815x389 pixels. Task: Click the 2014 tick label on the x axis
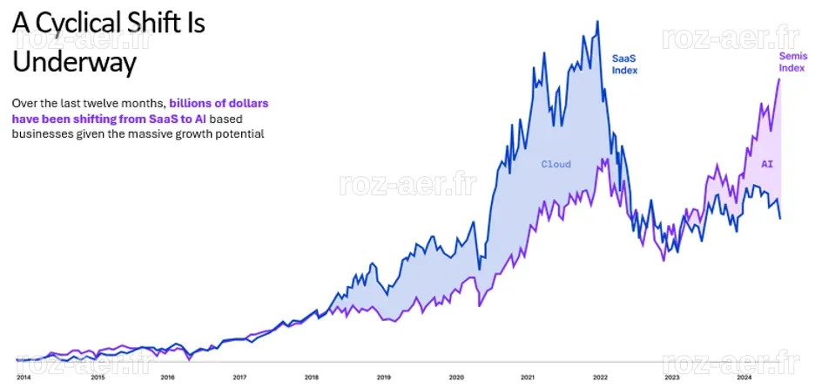point(24,377)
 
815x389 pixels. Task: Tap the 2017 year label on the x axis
point(239,377)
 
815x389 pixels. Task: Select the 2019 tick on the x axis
point(384,377)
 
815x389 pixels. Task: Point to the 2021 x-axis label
point(528,377)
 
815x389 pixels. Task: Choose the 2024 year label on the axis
point(744,377)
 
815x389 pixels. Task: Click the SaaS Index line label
point(624,65)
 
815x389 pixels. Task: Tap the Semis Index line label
point(792,62)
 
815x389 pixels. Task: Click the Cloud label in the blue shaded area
point(556,164)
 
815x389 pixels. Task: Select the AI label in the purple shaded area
point(767,164)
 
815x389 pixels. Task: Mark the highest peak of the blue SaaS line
point(597,21)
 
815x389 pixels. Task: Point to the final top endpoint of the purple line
point(779,78)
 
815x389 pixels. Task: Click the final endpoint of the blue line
point(780,218)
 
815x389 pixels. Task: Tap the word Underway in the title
point(74,62)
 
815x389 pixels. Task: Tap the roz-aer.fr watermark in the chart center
point(407,184)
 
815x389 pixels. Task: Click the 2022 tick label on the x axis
point(600,377)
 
